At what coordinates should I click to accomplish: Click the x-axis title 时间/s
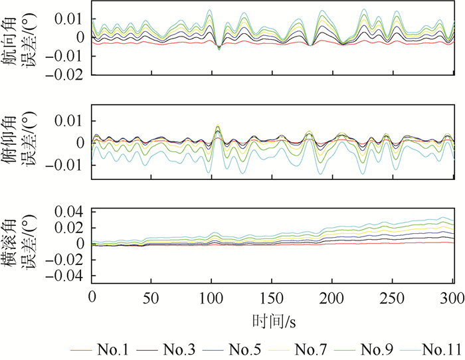point(273,322)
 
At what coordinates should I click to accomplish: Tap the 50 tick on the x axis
point(151,296)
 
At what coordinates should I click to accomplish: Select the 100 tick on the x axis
point(211,296)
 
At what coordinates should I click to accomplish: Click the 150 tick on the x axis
point(272,296)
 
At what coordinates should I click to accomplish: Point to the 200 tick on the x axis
point(331,296)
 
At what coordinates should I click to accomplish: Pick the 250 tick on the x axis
point(392,296)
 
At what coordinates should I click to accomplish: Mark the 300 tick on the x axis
point(452,296)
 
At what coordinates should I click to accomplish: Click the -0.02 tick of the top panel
point(68,74)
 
